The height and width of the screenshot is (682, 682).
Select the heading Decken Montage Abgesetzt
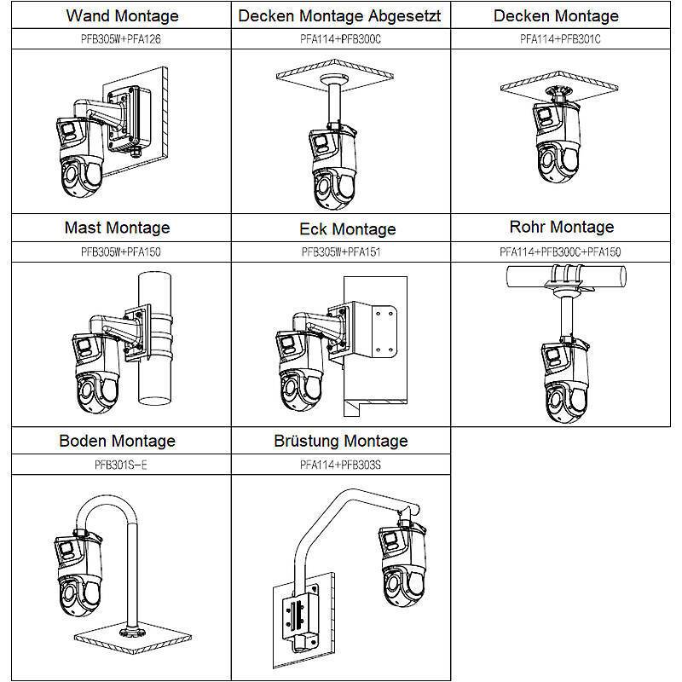click(339, 16)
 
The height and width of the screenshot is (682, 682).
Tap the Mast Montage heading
click(117, 228)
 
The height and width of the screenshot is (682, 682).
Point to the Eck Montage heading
click(348, 229)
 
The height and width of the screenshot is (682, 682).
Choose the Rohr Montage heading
click(561, 227)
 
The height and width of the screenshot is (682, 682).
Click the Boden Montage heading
click(117, 441)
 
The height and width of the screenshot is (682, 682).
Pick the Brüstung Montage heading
click(341, 441)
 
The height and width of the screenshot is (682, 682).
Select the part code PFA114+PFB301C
click(560, 39)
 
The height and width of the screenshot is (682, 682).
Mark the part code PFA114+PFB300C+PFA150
click(560, 252)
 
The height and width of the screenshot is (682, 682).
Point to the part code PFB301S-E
click(116, 465)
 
